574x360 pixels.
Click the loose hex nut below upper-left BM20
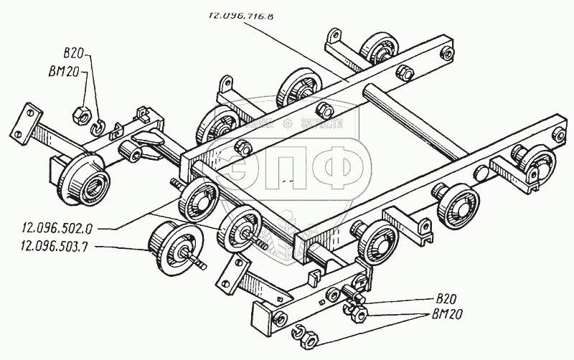tap(81, 113)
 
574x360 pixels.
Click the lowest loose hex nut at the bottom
tap(304, 337)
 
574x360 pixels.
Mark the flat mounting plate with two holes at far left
tap(29, 120)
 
